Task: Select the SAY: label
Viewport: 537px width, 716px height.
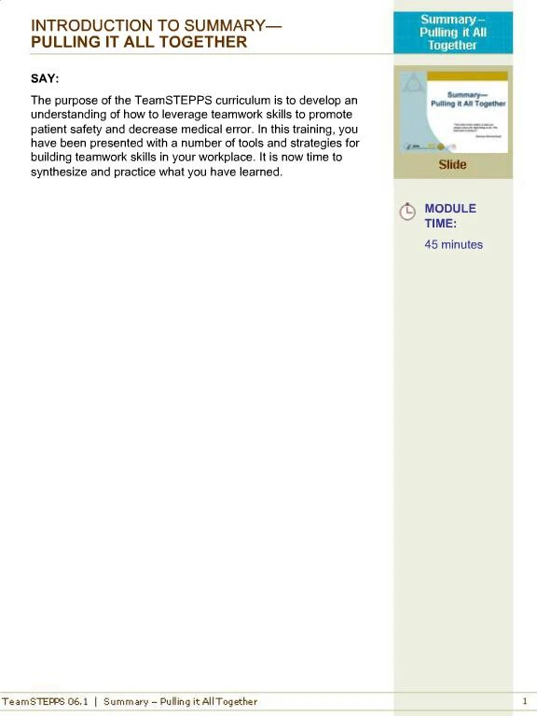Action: [x=45, y=78]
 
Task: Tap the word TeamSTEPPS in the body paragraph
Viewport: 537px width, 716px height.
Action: [x=168, y=100]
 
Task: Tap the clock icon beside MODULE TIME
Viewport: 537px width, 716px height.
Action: [x=407, y=212]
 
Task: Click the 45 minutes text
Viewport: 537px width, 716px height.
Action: [x=453, y=244]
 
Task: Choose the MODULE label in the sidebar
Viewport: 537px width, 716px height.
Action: [x=450, y=209]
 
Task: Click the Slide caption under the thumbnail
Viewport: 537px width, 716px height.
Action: [x=452, y=165]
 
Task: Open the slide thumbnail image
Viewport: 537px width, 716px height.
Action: [x=452, y=111]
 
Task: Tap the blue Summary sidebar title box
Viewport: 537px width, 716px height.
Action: [x=452, y=33]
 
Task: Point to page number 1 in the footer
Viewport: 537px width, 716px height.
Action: [x=525, y=701]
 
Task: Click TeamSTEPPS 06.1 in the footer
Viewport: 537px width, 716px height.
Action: [x=45, y=701]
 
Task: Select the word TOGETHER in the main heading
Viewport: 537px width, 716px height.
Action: [x=199, y=42]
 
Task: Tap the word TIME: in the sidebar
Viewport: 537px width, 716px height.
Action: [x=440, y=224]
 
